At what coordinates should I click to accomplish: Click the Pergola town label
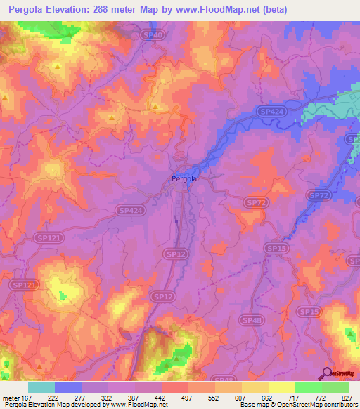[184, 178]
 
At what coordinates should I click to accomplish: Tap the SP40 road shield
[156, 34]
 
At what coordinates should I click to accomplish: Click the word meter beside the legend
[10, 397]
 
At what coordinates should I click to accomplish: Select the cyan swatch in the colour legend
[41, 387]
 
